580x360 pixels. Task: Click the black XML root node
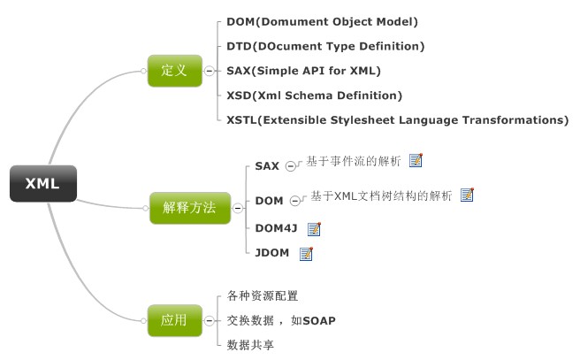pyautogui.click(x=43, y=183)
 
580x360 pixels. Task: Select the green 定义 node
pyautogui.click(x=175, y=71)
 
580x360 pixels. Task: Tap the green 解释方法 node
pyautogui.click(x=190, y=208)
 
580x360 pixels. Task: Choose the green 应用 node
pyautogui.click(x=175, y=320)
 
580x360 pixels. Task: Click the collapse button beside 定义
pyautogui.click(x=210, y=71)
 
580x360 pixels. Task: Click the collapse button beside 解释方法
pyautogui.click(x=238, y=208)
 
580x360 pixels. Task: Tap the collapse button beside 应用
pyautogui.click(x=210, y=320)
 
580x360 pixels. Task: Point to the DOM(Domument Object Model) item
pyautogui.click(x=322, y=22)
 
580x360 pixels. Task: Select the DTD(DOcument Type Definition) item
pyautogui.click(x=325, y=46)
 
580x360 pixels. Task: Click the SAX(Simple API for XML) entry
pyautogui.click(x=303, y=71)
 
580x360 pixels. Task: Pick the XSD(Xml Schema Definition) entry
pyautogui.click(x=315, y=96)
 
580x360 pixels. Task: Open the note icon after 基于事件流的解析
pyautogui.click(x=416, y=160)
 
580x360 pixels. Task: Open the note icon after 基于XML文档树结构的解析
pyautogui.click(x=467, y=195)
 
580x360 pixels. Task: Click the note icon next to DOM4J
pyautogui.click(x=314, y=229)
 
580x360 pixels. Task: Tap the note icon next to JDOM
pyautogui.click(x=306, y=254)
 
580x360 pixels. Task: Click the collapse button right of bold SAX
pyautogui.click(x=291, y=166)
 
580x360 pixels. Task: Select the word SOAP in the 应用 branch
pyautogui.click(x=319, y=320)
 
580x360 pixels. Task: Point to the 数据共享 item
pyautogui.click(x=250, y=345)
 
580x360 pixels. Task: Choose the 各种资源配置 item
pyautogui.click(x=263, y=295)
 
